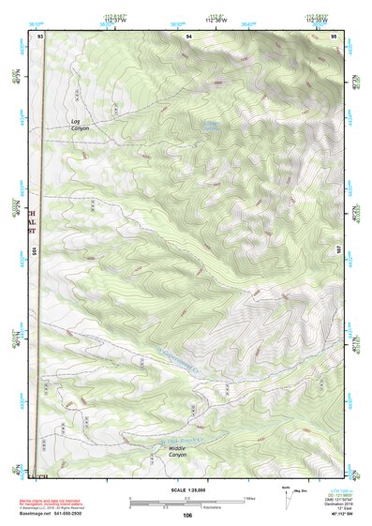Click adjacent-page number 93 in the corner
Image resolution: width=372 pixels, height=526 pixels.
point(41,35)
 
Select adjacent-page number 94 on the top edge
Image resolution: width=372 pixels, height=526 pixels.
point(189,35)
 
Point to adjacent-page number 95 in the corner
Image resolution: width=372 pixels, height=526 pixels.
point(335,35)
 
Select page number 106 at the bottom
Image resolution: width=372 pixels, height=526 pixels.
point(187,515)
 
